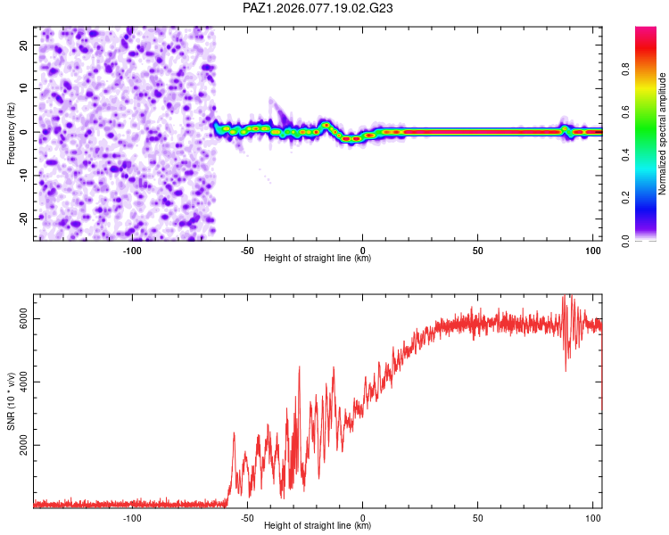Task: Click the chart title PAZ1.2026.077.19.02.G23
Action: (x=318, y=8)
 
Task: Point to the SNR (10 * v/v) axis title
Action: (x=11, y=400)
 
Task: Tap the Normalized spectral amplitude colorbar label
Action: (x=662, y=134)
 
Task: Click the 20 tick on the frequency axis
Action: (x=24, y=45)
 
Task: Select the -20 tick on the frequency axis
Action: (x=22, y=218)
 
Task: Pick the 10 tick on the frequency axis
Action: (x=24, y=88)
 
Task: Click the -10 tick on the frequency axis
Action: (x=22, y=175)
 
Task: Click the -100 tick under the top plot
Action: (x=132, y=250)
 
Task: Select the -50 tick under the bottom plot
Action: (x=247, y=517)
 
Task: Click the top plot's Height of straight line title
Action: (x=318, y=259)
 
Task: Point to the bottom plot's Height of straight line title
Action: (x=318, y=526)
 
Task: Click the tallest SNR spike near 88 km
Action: (x=564, y=298)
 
